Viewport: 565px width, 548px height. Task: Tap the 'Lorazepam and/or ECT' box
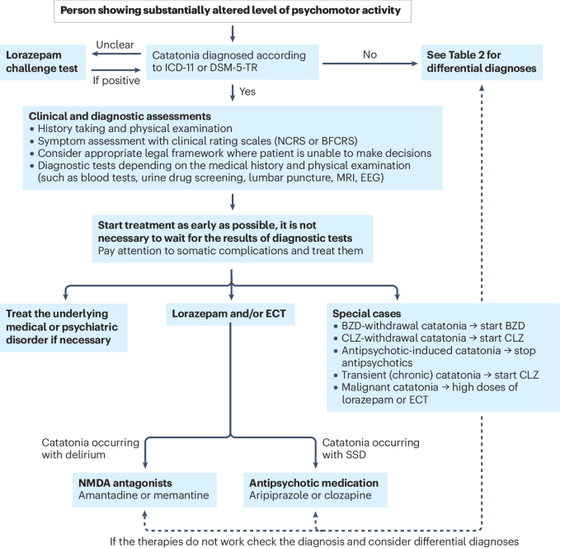pos(230,314)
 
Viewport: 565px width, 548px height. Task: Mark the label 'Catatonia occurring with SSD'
pos(369,448)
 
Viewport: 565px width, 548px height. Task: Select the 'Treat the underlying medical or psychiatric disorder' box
pos(64,328)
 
